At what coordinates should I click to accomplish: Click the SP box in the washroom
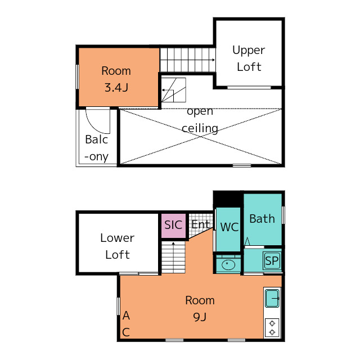coord(272,260)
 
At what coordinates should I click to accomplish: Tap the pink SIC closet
coord(174,226)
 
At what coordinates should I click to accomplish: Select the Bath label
coord(262,219)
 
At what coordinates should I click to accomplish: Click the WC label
coord(229,227)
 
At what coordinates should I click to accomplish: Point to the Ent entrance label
coord(201,224)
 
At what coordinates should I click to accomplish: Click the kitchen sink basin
coord(272,298)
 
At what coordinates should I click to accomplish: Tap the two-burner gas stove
coord(272,327)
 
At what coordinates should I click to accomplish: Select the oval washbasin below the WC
coord(228,265)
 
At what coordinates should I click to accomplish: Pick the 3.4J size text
coord(116,88)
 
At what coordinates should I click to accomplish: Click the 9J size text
coord(200,317)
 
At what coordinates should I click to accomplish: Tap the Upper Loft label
coord(249,58)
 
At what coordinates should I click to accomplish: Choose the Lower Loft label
coord(118,246)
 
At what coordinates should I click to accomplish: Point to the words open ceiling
coord(200,120)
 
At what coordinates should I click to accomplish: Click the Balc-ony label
coord(96,148)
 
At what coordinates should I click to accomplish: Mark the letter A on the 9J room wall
coord(126,316)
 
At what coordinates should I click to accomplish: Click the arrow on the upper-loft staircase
coord(187,60)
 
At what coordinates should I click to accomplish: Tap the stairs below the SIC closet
coord(173,257)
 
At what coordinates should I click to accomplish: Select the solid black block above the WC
coord(227,199)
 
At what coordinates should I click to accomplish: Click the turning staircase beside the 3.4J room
coord(174,90)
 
